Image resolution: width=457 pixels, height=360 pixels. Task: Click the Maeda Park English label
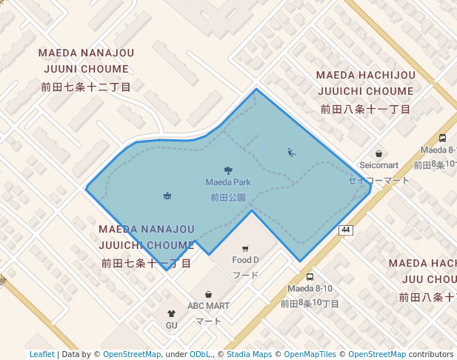pyautogui.click(x=228, y=181)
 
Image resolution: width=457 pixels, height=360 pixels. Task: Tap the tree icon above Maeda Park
pyautogui.click(x=228, y=170)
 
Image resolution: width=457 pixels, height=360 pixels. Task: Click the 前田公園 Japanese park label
pyautogui.click(x=228, y=197)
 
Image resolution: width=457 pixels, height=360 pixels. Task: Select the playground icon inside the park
pyautogui.click(x=291, y=153)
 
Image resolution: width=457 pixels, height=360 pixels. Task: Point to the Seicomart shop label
pyautogui.click(x=378, y=165)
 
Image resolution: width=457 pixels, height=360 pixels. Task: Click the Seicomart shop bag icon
pyautogui.click(x=378, y=153)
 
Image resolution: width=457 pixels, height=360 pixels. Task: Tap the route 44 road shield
pyautogui.click(x=345, y=230)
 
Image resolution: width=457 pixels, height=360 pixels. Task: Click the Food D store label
pyautogui.click(x=245, y=260)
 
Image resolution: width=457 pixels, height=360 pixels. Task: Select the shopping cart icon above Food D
pyautogui.click(x=245, y=248)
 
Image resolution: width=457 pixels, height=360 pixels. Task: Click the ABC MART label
pyautogui.click(x=208, y=305)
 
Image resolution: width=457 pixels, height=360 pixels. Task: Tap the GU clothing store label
pyautogui.click(x=171, y=325)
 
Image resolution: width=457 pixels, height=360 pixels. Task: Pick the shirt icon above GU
pyautogui.click(x=171, y=314)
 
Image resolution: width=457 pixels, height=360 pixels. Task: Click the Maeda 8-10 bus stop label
pyautogui.click(x=310, y=288)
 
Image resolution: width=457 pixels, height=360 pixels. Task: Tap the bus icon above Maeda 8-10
pyautogui.click(x=310, y=276)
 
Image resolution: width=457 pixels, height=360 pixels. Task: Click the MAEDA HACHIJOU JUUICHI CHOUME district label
pyautogui.click(x=365, y=83)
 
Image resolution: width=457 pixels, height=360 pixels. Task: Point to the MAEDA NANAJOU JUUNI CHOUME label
pyautogui.click(x=86, y=61)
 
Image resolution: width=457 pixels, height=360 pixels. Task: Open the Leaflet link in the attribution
pyautogui.click(x=41, y=354)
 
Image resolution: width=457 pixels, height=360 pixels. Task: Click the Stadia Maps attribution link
pyautogui.click(x=249, y=354)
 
